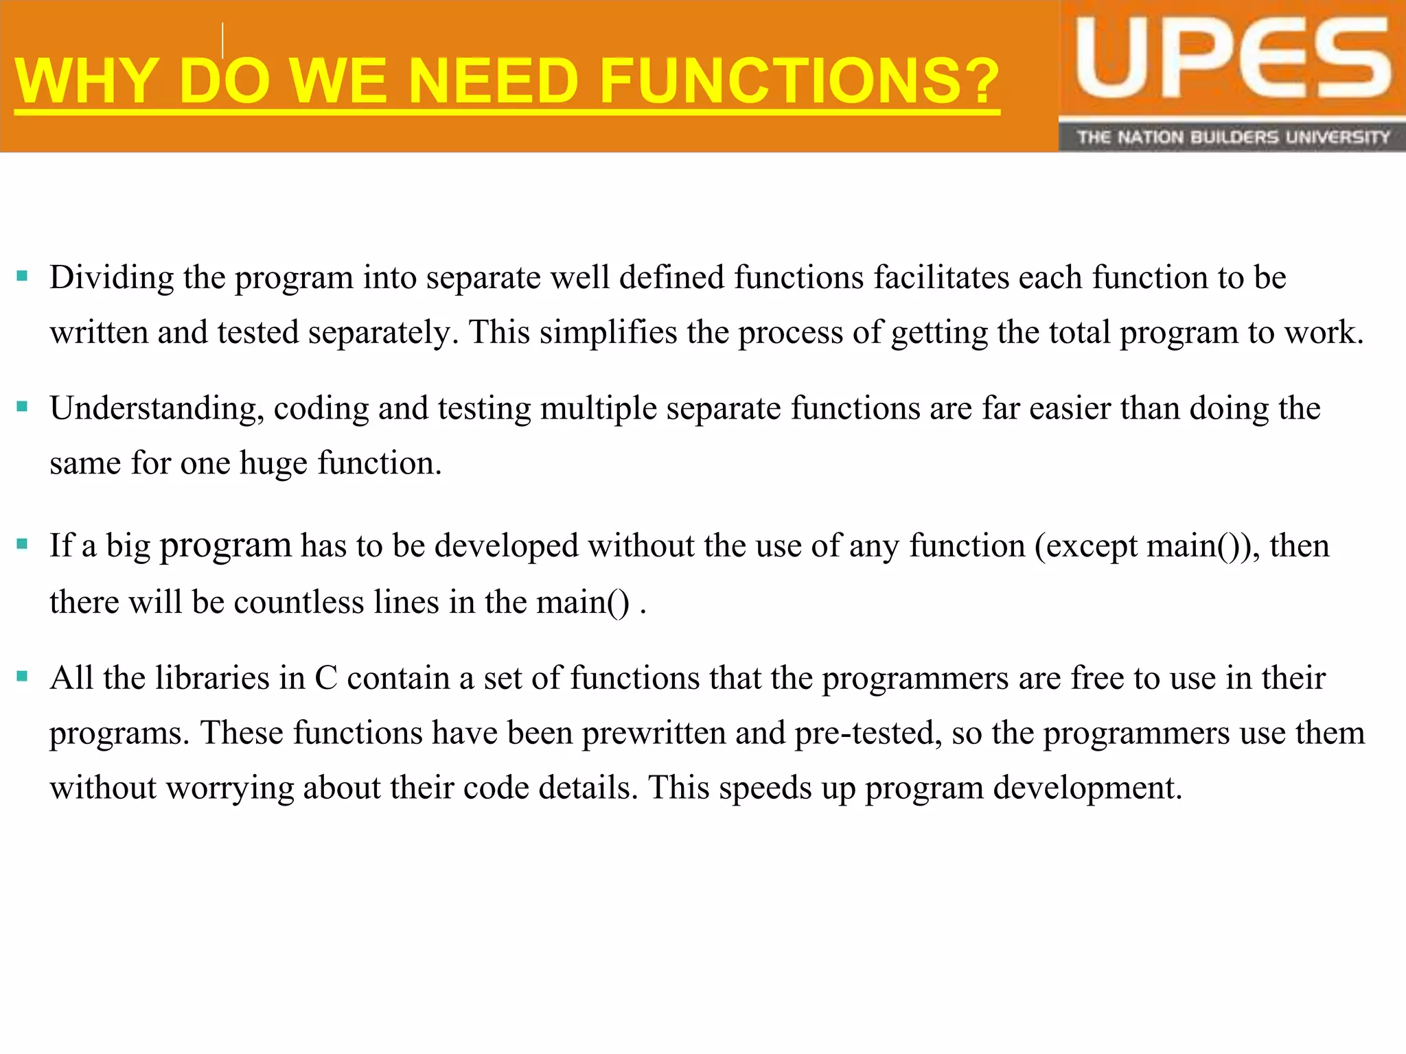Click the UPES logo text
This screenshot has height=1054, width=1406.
coord(1232,60)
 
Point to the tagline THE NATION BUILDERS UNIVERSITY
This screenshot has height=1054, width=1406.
coord(1232,137)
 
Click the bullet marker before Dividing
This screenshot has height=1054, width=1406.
coord(22,277)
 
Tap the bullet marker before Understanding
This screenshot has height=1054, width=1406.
coord(22,407)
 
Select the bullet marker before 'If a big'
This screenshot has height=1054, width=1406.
coord(22,545)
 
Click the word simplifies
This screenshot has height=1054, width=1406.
coord(608,333)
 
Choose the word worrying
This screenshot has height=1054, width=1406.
coord(230,788)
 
